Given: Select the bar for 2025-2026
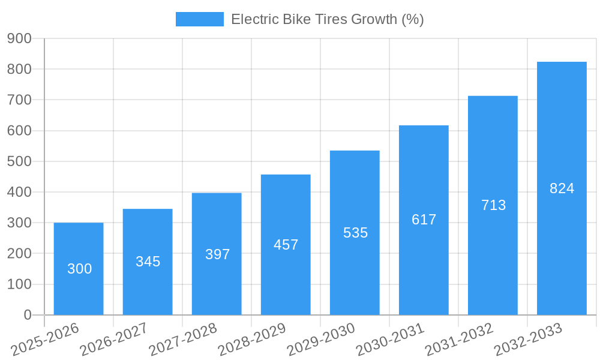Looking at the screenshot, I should point(79,269).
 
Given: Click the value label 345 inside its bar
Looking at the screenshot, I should point(148,262).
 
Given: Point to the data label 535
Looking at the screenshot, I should point(355,233).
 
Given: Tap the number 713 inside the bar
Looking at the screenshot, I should point(493,205).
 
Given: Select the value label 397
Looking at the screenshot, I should point(217,254).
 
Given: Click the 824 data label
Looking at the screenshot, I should point(562,188).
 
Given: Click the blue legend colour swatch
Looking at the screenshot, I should point(199,19).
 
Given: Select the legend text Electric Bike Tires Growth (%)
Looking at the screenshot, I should point(327,19).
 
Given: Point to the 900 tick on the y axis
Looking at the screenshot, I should point(19,38).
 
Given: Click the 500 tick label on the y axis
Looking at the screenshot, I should point(19,161).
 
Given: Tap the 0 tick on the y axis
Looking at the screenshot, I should point(27,315).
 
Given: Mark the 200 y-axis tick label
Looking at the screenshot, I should point(19,254).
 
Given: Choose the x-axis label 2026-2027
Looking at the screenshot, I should point(114,339).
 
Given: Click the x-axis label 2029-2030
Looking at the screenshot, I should point(321,339).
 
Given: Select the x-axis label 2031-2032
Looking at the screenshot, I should point(459,339).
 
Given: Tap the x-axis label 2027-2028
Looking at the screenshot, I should point(183,339).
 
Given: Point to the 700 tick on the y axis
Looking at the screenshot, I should point(19,100).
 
